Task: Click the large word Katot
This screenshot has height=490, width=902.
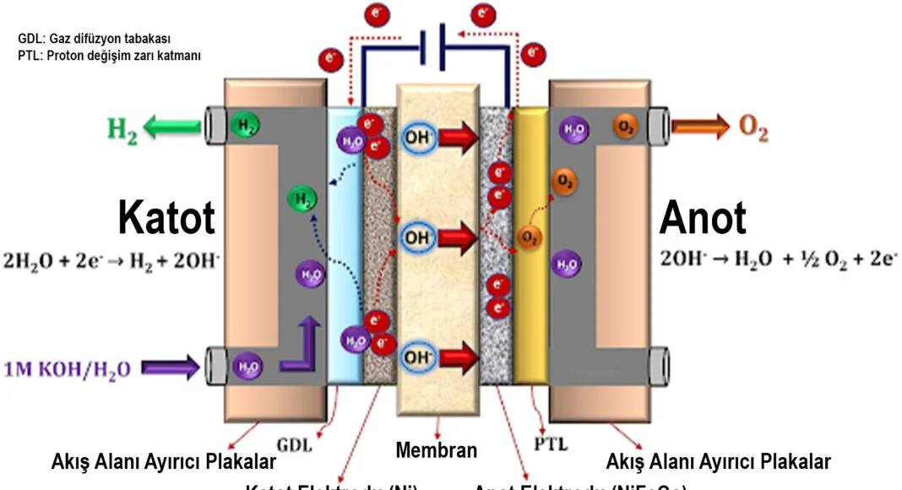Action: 166,217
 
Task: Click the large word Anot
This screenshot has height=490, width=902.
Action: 703,217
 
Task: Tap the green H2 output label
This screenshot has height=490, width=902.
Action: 122,129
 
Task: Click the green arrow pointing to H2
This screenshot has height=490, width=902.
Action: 173,128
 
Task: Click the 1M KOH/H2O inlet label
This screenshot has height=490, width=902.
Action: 68,368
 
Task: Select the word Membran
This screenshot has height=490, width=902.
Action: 436,450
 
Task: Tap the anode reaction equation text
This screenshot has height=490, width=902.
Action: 778,260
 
